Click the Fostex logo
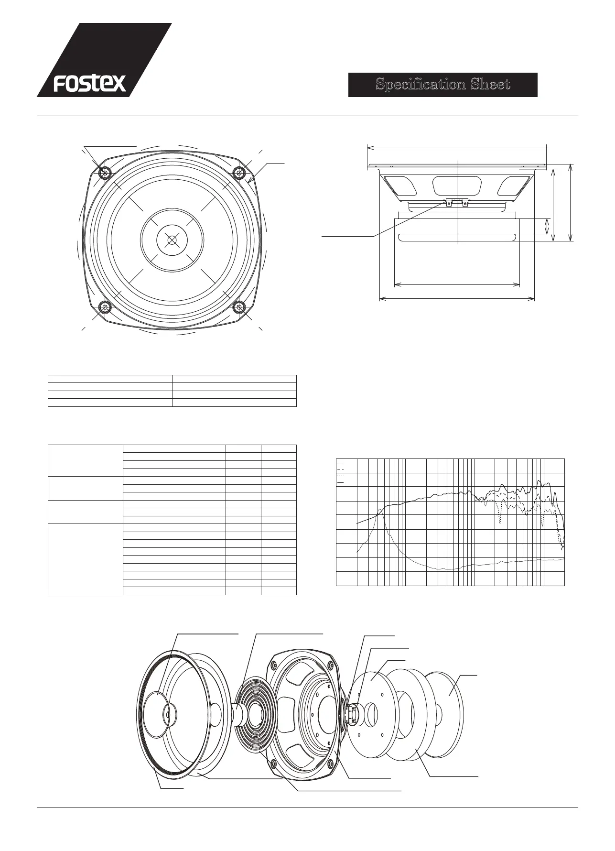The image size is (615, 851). [90, 84]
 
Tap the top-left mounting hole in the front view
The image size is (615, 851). [105, 172]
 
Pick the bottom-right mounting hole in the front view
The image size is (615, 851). [239, 306]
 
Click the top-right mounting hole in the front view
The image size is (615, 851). [239, 172]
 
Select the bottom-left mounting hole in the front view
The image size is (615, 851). [105, 306]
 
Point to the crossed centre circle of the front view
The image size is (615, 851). [172, 239]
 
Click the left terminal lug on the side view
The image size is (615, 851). [449, 203]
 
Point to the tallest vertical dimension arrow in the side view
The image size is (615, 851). [571, 202]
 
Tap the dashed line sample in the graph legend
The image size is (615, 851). [341, 469]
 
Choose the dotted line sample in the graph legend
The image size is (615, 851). [341, 476]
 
